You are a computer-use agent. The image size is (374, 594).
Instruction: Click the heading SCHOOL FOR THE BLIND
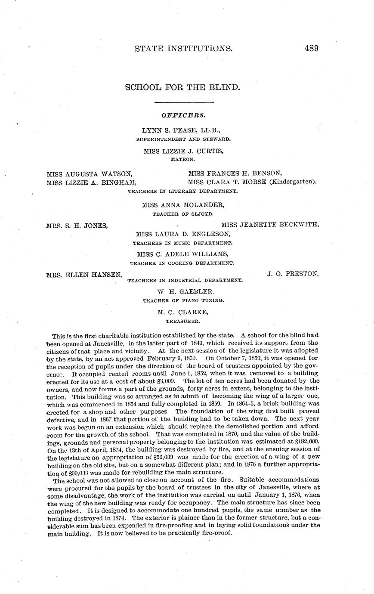(182, 87)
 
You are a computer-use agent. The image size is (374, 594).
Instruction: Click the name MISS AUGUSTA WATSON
(89, 174)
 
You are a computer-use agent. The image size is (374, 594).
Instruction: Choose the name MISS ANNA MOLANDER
(183, 205)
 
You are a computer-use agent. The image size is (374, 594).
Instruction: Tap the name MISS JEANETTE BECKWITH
(270, 225)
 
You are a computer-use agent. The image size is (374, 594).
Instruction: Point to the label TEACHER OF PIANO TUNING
(183, 300)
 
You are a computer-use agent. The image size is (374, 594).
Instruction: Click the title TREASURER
(182, 321)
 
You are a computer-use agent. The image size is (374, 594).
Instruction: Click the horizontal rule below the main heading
(184, 102)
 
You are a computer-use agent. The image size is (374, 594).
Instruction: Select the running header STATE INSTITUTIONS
(184, 48)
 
